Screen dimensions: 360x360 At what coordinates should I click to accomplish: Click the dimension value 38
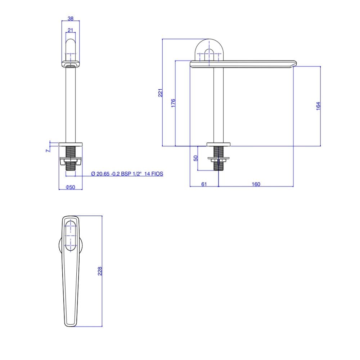point(71,18)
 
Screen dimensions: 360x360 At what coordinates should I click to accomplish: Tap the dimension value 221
point(161,93)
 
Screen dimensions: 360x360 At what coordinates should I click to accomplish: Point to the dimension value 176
point(173,103)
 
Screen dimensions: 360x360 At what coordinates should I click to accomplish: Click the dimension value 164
point(318,106)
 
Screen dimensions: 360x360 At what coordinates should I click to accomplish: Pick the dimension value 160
point(256,184)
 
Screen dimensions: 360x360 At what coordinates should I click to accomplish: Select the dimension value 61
point(204,184)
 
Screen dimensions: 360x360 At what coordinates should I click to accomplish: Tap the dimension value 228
point(100,271)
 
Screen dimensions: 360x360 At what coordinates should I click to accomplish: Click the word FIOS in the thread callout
point(157,174)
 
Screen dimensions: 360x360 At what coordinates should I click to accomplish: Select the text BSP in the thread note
point(127,174)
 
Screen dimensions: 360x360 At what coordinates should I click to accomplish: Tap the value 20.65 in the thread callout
point(103,174)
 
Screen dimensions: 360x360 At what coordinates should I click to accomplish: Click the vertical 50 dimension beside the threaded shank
point(196,158)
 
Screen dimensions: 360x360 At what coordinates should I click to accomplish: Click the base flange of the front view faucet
point(71,144)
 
